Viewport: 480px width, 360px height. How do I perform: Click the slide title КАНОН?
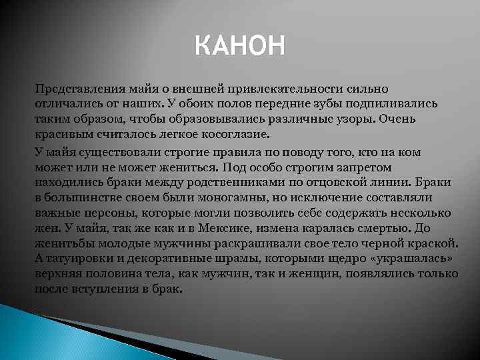click(x=240, y=47)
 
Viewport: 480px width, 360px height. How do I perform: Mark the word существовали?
click(x=121, y=152)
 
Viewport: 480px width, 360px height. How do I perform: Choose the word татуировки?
click(x=74, y=259)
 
